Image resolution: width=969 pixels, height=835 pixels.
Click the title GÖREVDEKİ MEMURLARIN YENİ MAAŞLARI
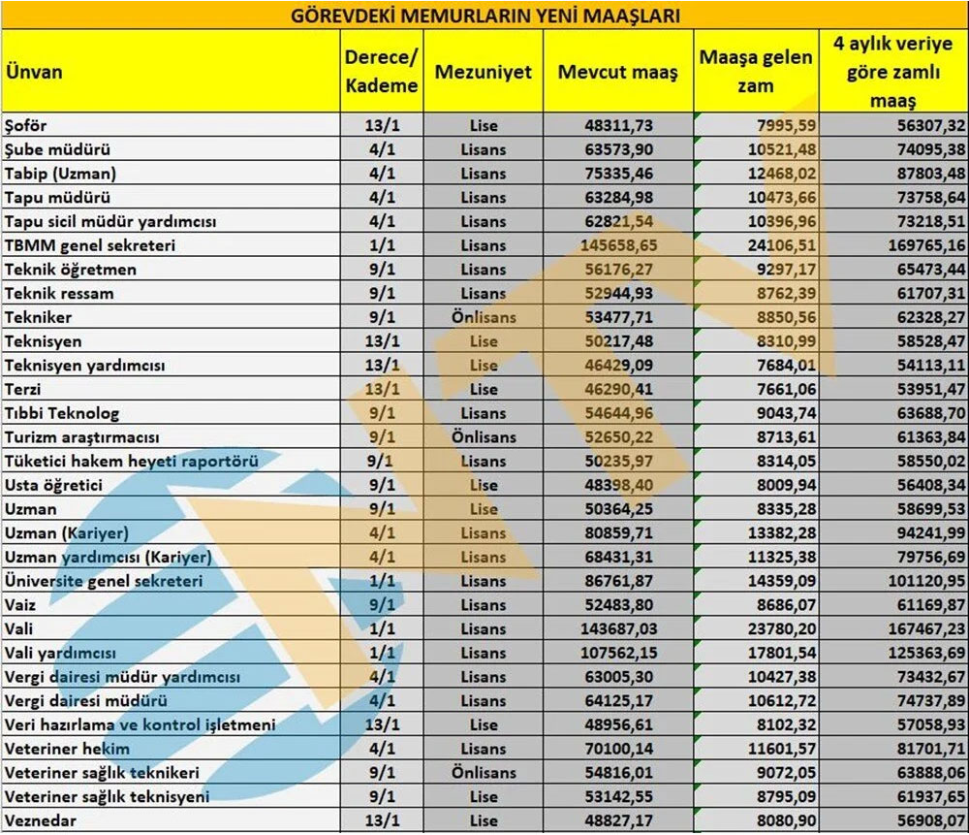484,15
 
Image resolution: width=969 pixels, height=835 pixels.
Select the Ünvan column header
34,72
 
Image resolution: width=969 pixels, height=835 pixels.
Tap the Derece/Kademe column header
382,72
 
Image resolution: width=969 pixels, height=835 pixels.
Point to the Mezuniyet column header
483,73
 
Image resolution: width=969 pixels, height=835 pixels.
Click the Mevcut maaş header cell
617,73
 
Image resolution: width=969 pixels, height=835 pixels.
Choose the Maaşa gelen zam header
756,72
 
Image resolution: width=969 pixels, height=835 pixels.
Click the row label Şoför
26,126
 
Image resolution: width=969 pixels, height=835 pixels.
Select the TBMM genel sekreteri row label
90,245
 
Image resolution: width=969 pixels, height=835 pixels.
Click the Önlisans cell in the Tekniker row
483,317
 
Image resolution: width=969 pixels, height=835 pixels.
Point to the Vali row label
18,628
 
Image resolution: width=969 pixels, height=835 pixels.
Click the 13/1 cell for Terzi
382,389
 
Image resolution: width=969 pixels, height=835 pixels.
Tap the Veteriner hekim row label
67,749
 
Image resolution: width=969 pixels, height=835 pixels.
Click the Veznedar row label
40,820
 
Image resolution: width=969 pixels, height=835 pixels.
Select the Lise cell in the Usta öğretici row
483,485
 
